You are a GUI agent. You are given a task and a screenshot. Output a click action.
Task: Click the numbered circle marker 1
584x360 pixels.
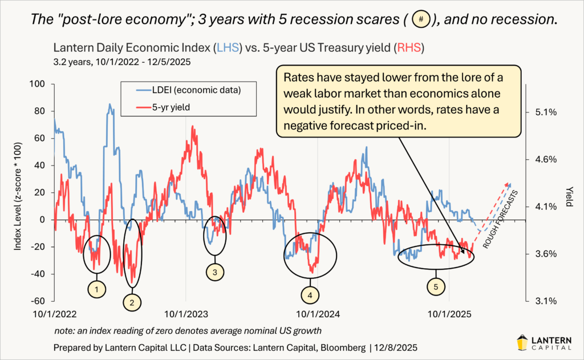point(98,289)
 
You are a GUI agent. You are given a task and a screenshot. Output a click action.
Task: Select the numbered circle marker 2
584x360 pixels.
point(132,302)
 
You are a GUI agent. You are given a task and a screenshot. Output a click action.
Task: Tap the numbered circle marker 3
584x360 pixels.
point(214,273)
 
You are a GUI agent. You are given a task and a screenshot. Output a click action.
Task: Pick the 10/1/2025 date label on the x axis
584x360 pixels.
point(449,314)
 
